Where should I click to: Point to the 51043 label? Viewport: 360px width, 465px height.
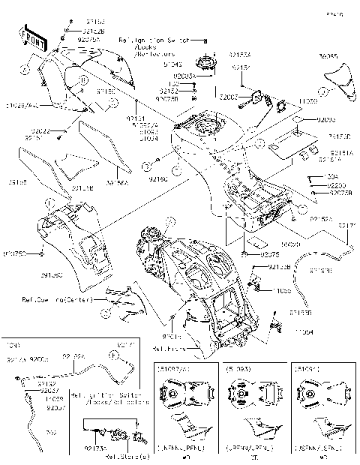click(172, 64)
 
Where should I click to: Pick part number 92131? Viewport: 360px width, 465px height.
click(135, 118)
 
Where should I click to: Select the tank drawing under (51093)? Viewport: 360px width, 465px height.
click(241, 397)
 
